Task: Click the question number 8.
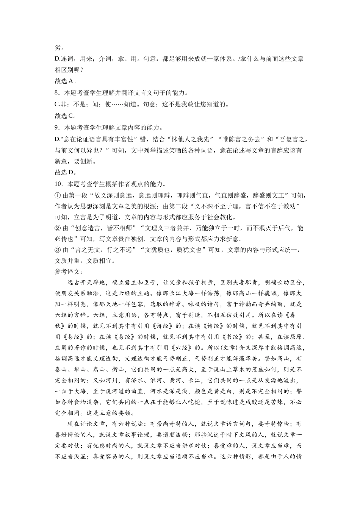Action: tap(57, 93)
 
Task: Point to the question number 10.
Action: tap(58, 184)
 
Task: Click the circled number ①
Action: tap(58, 195)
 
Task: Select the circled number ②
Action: tap(58, 228)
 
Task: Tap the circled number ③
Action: tap(58, 250)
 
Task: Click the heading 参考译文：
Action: tap(69, 272)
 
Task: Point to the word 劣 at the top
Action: tap(58, 48)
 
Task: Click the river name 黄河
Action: tap(188, 381)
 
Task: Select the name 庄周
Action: tap(62, 348)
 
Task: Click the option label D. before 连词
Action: tap(58, 59)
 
